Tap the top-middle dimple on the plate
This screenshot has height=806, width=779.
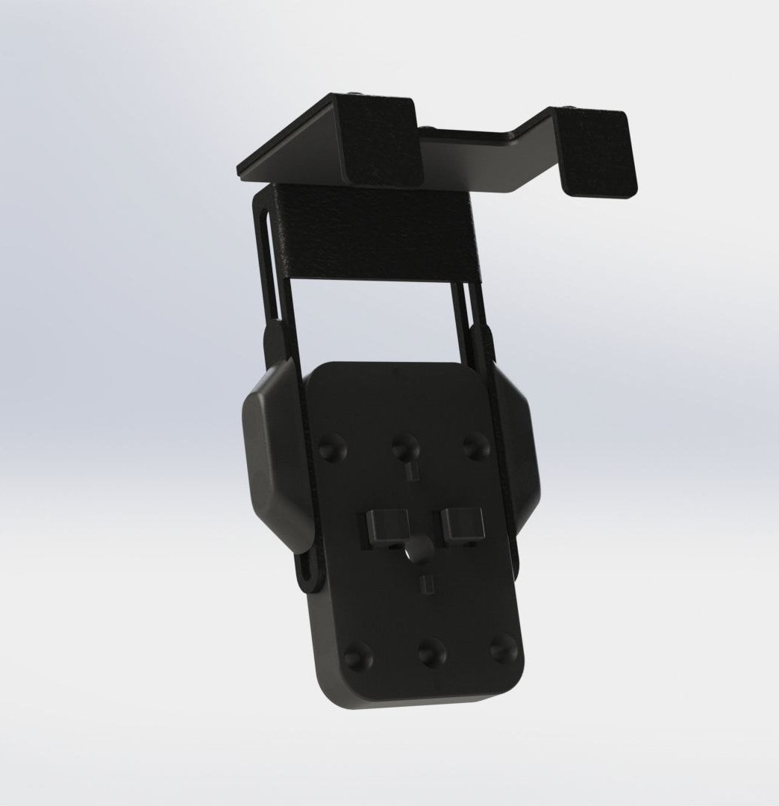404,447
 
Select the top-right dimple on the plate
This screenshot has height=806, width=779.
474,446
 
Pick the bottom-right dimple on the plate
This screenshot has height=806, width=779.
504,648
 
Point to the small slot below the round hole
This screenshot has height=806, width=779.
425,583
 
